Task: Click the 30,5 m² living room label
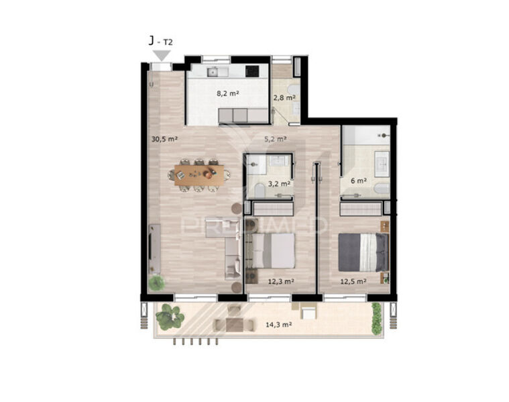(164, 139)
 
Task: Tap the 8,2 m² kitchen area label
(228, 93)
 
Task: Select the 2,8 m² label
(284, 97)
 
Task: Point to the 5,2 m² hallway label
(275, 139)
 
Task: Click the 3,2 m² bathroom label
(279, 184)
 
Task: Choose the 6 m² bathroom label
(359, 181)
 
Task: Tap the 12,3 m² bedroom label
(281, 281)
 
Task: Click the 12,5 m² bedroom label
(353, 281)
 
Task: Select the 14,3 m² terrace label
(278, 324)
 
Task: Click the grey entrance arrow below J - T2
(162, 54)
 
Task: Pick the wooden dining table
(199, 175)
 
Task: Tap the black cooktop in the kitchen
(252, 71)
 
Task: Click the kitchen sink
(213, 72)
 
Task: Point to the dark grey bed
(363, 252)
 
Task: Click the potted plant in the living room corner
(156, 283)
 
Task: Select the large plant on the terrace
(170, 317)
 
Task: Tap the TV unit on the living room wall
(154, 249)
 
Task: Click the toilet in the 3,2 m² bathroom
(260, 190)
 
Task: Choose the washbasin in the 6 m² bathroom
(382, 164)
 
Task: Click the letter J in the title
(152, 41)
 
